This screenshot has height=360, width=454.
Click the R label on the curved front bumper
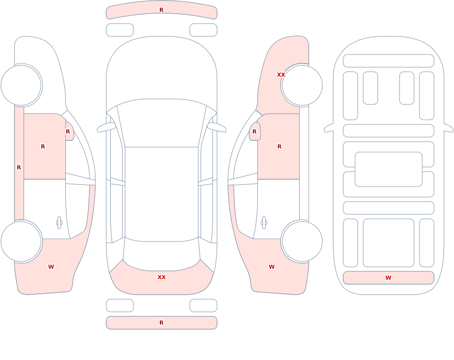coord(162,10)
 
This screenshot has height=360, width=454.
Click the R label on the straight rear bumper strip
coord(162,323)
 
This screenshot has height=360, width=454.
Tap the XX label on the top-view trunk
coord(162,277)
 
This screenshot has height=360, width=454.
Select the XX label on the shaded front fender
coord(281,75)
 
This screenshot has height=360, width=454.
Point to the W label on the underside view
coord(388,278)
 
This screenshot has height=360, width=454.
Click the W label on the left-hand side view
coord(51,267)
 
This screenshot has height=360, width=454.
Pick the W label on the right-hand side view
coord(271,267)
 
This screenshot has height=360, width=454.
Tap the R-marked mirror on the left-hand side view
coord(69,132)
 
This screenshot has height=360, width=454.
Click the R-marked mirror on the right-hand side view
coord(255,132)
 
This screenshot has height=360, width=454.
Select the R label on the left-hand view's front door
coord(43,147)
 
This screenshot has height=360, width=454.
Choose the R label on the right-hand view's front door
coord(279,147)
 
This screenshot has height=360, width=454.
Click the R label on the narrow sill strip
coord(19,168)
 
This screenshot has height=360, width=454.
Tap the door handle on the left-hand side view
coord(59,223)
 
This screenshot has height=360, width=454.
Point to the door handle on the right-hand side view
coord(264,223)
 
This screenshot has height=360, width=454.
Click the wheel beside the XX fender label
coord(302,85)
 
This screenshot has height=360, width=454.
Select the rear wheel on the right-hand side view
coord(302,242)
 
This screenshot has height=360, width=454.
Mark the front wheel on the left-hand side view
coord(21,85)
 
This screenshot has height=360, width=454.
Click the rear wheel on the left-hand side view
coord(21,242)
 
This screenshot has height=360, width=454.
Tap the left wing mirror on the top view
coord(106,127)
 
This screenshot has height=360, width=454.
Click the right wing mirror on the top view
coord(217,127)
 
